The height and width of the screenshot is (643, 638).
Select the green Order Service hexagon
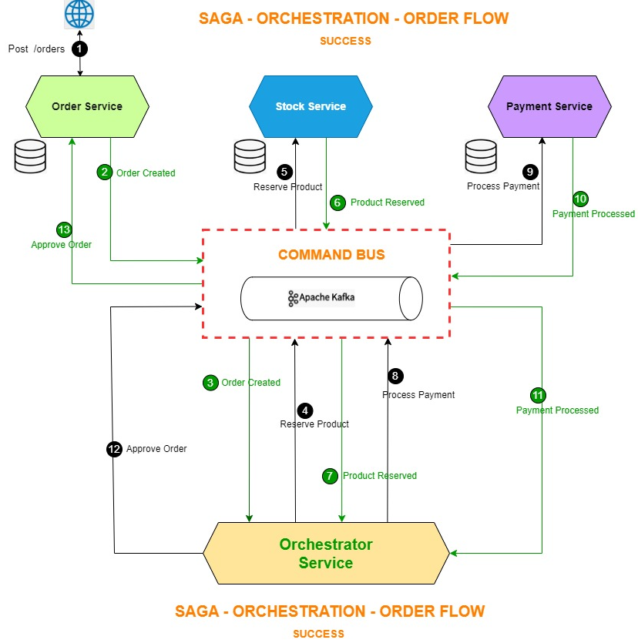coord(86,106)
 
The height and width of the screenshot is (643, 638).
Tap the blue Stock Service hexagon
coord(311,106)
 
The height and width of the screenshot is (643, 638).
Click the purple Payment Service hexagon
coord(549,106)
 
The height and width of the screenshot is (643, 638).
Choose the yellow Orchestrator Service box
coord(326,554)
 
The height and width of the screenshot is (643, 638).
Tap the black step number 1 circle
coord(79,49)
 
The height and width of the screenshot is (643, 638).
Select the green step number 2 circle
coord(104,172)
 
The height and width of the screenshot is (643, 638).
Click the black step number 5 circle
coord(285,172)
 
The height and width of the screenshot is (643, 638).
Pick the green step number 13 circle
coord(64,229)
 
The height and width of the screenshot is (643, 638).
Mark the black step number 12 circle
coord(114,448)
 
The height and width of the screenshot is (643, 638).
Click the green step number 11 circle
coord(538,395)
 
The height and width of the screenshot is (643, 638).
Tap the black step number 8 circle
coord(395,376)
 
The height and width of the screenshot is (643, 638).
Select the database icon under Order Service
coord(30,156)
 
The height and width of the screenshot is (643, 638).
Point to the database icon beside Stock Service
coord(250,156)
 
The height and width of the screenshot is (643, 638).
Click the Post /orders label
coord(36,49)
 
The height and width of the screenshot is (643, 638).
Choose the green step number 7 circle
coord(330,476)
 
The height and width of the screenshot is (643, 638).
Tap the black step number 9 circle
coord(530,172)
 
